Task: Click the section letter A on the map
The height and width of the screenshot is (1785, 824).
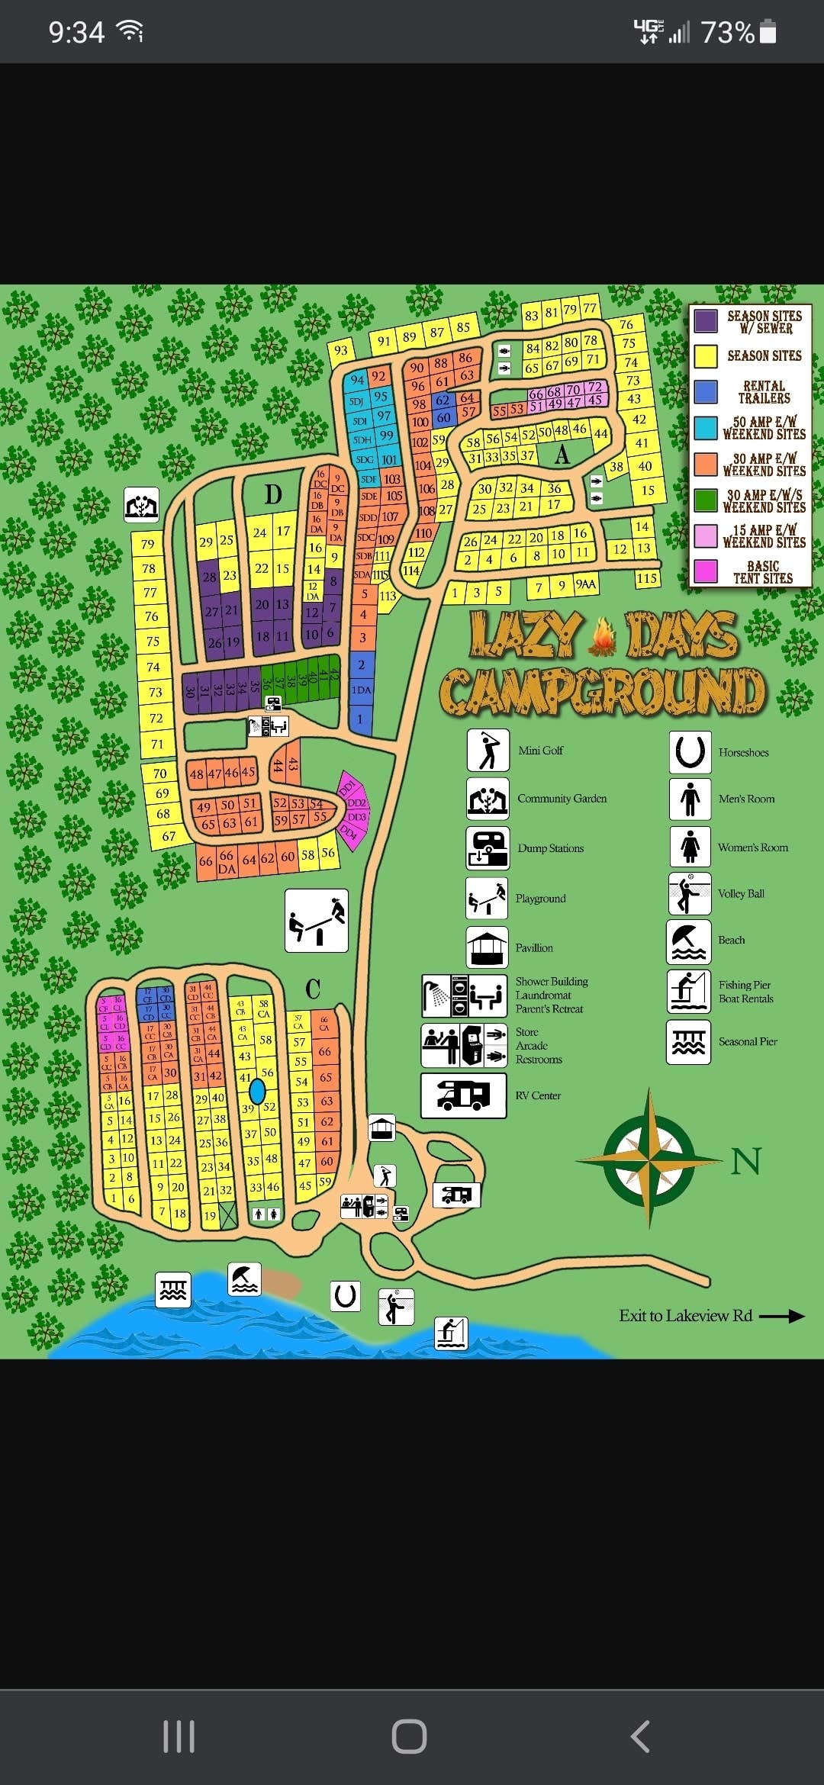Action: (x=562, y=455)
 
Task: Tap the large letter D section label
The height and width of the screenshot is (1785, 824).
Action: (x=273, y=494)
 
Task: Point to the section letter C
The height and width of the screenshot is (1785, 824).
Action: (x=313, y=989)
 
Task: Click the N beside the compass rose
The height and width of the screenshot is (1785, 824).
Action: (x=745, y=1162)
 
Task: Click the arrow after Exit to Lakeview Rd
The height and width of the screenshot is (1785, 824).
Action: (x=782, y=1316)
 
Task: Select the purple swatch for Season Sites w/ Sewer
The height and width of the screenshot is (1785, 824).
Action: (x=706, y=321)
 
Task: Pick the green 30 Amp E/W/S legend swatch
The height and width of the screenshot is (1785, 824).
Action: (x=706, y=500)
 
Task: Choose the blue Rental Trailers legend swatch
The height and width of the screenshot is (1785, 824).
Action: (x=706, y=391)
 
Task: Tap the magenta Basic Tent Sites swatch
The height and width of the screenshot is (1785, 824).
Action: (x=706, y=571)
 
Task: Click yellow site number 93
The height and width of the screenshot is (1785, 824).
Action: (x=341, y=351)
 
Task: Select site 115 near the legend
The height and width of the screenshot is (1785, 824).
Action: (x=647, y=578)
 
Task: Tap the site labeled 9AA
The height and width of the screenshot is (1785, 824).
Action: (x=586, y=584)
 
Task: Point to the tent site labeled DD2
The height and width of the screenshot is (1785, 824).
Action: (x=356, y=803)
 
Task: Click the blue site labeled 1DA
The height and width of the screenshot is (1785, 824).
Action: (x=362, y=690)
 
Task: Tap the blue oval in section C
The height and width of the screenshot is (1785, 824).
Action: (x=258, y=1091)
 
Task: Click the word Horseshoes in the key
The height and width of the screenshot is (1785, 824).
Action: (x=743, y=753)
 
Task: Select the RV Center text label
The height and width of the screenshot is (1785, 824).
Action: (x=538, y=1095)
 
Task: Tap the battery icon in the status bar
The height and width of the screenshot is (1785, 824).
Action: (x=769, y=32)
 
